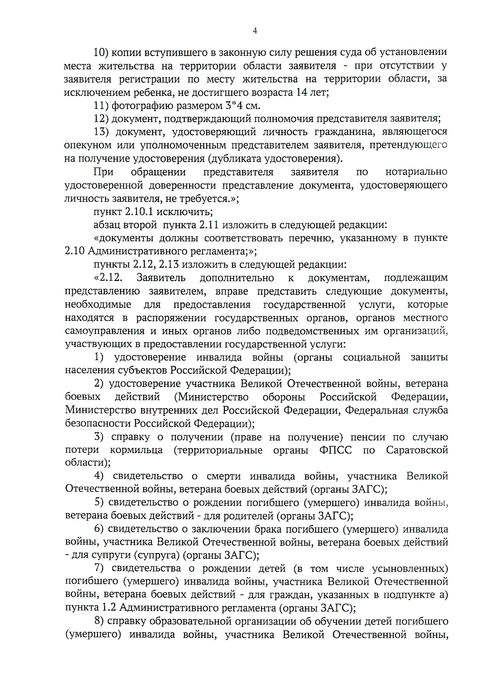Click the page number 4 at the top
coord(255,30)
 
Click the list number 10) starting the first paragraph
coord(100,52)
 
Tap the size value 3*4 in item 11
coord(233,106)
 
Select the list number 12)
coord(101,119)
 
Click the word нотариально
coord(416,172)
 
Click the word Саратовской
coord(417,450)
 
